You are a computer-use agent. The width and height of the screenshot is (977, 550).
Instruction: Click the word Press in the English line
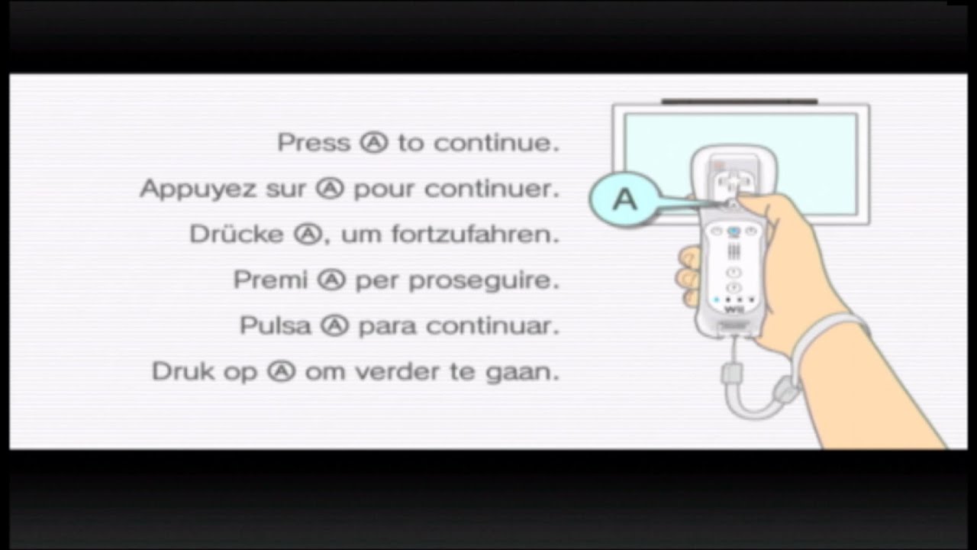pyautogui.click(x=313, y=143)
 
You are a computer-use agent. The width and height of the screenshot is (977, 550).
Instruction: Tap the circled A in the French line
pyautogui.click(x=331, y=189)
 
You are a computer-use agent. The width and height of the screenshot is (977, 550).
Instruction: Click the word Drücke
pyautogui.click(x=237, y=235)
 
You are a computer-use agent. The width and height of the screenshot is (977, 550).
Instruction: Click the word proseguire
pyautogui.click(x=484, y=281)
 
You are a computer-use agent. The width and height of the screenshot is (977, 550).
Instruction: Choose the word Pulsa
pyautogui.click(x=276, y=326)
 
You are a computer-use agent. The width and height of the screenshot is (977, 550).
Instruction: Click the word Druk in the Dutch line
pyautogui.click(x=181, y=372)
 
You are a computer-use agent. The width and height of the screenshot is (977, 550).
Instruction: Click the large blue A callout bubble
pyautogui.click(x=624, y=199)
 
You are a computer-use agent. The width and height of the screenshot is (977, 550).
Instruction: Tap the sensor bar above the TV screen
pyautogui.click(x=739, y=101)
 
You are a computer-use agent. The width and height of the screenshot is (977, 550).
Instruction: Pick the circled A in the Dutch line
pyautogui.click(x=282, y=372)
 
